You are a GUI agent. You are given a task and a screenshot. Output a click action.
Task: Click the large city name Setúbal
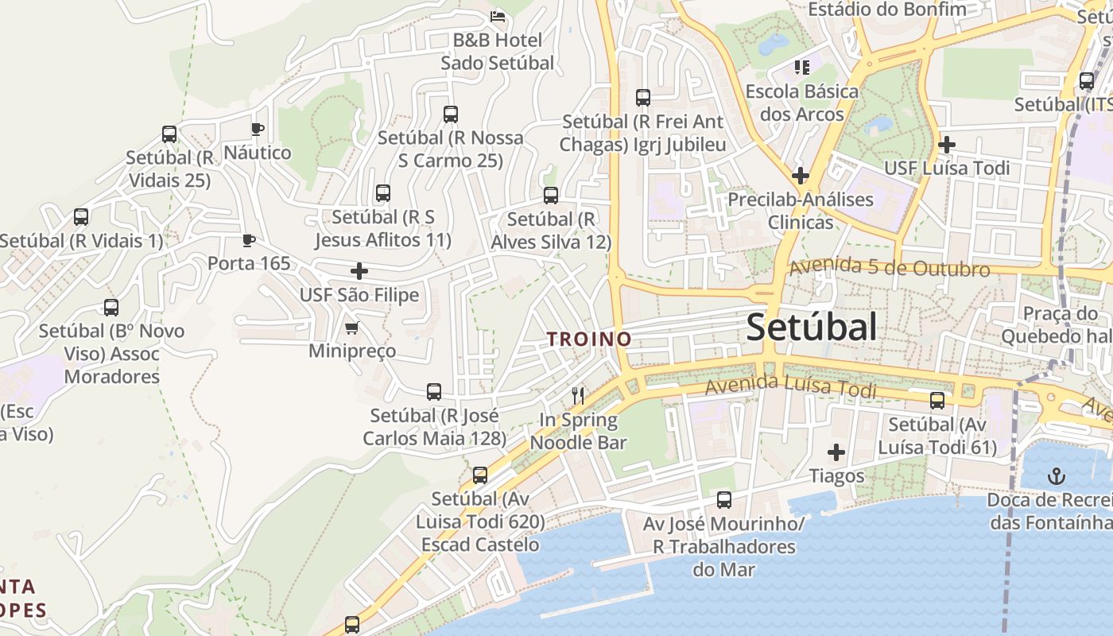pos(812,327)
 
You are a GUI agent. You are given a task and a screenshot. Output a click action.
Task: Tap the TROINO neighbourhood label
pos(589,339)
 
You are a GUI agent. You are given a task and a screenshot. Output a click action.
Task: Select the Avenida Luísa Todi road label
pos(790,386)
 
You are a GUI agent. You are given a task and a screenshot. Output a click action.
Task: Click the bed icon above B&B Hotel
pos(498,16)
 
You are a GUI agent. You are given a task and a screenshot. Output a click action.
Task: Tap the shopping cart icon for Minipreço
pos(351,328)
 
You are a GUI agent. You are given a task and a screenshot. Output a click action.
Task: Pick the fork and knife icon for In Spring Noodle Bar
pos(578,396)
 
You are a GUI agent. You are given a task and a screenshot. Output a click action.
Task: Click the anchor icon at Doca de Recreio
pos(1057,477)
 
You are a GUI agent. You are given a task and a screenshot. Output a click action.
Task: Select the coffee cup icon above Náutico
pos(257,129)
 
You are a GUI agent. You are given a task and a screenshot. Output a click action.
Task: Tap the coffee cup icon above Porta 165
pos(249,240)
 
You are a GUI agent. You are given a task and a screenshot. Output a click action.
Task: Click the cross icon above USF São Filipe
pos(359,271)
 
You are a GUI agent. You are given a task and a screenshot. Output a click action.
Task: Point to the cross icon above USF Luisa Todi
pos(946,145)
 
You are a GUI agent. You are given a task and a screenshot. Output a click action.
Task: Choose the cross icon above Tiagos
pos(836,452)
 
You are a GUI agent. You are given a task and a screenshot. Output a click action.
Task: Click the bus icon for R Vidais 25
pos(169,134)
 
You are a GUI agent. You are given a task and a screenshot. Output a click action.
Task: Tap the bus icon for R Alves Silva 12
pos(550,196)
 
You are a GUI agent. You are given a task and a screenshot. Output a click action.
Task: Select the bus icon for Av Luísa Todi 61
pos(937,401)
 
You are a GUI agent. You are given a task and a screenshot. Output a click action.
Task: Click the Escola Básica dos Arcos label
pos(801,103)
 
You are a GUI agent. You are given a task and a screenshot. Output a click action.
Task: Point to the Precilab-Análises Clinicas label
pos(801,211)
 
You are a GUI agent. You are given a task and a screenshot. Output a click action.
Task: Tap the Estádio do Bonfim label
pos(886,10)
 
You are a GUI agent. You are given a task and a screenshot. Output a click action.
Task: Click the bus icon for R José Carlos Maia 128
pos(433,392)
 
